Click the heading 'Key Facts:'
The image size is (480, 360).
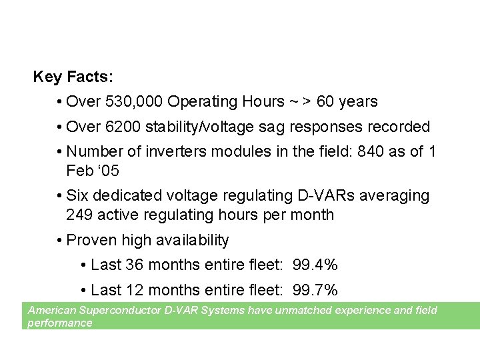coord(73,77)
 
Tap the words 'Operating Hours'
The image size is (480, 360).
coord(226,102)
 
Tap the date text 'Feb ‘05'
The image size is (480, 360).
coord(93,171)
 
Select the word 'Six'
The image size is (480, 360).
coord(79,196)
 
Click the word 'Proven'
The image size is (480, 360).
coord(91,240)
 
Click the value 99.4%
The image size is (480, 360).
coord(315,265)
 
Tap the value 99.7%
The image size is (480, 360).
coord(315,290)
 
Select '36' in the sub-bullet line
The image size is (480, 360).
coord(134,265)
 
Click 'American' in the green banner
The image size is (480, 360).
coord(51,310)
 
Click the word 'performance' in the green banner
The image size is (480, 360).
coord(59,323)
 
